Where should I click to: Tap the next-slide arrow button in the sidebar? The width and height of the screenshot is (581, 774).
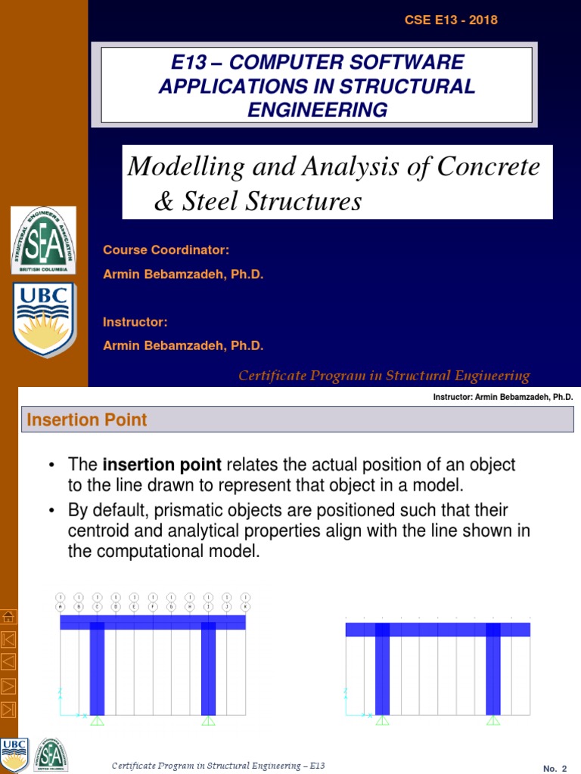9,686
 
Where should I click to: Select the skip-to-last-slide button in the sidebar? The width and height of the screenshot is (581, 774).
9,709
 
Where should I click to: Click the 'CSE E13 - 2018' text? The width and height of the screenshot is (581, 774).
451,20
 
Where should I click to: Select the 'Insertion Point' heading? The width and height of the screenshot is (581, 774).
87,420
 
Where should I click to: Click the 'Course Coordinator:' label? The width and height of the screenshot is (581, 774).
166,250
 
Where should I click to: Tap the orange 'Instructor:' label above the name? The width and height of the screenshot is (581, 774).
135,322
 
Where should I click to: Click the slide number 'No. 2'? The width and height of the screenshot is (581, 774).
555,769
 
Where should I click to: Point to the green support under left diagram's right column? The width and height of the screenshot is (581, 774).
209,720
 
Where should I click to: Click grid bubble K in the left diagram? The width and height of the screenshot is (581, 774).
245,606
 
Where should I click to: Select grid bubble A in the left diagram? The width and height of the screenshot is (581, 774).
61,606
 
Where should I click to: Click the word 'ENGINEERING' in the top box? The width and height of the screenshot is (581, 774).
317,110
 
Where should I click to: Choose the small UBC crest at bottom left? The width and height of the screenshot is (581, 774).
15,754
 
